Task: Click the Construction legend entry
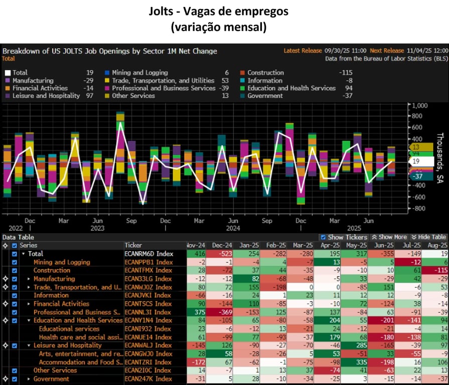pos(265,73)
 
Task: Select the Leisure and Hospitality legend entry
pos(46,96)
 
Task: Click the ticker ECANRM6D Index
pos(149,254)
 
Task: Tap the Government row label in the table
pos(51,379)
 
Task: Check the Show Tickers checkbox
pos(323,237)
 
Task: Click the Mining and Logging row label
pos(62,262)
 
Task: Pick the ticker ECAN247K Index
pos(149,379)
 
